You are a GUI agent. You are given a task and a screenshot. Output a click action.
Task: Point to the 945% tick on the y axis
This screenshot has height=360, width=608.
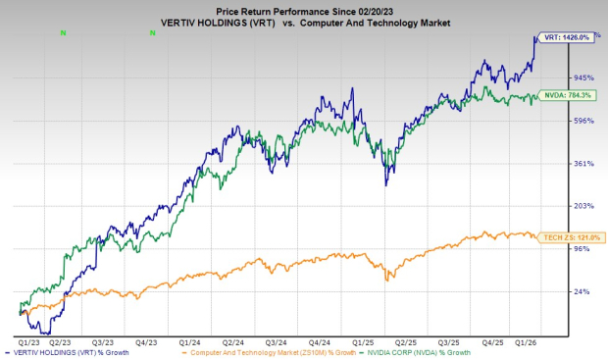pyautogui.click(x=585, y=77)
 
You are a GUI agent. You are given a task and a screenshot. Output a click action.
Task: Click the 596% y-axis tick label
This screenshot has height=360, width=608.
pyautogui.click(x=585, y=121)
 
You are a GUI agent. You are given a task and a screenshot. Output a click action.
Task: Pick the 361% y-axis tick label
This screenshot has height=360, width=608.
pyautogui.click(x=585, y=164)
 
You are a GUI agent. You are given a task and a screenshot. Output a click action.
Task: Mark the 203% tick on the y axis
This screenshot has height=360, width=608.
pyautogui.click(x=585, y=206)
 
